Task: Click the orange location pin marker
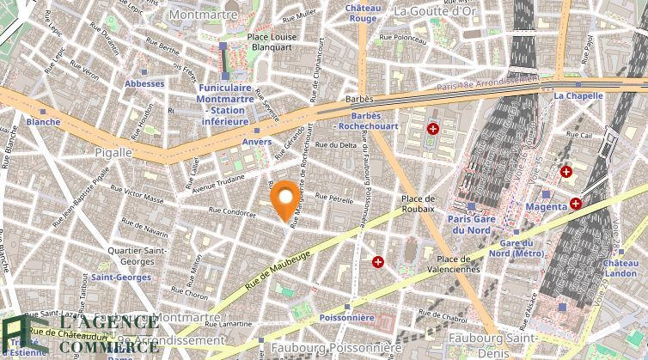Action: tap(285, 200)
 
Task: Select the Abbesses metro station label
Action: tap(144, 83)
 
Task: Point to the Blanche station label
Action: tap(43, 122)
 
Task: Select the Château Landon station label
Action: tap(620, 268)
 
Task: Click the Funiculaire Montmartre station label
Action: tap(224, 104)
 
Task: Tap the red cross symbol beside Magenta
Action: tap(575, 204)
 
